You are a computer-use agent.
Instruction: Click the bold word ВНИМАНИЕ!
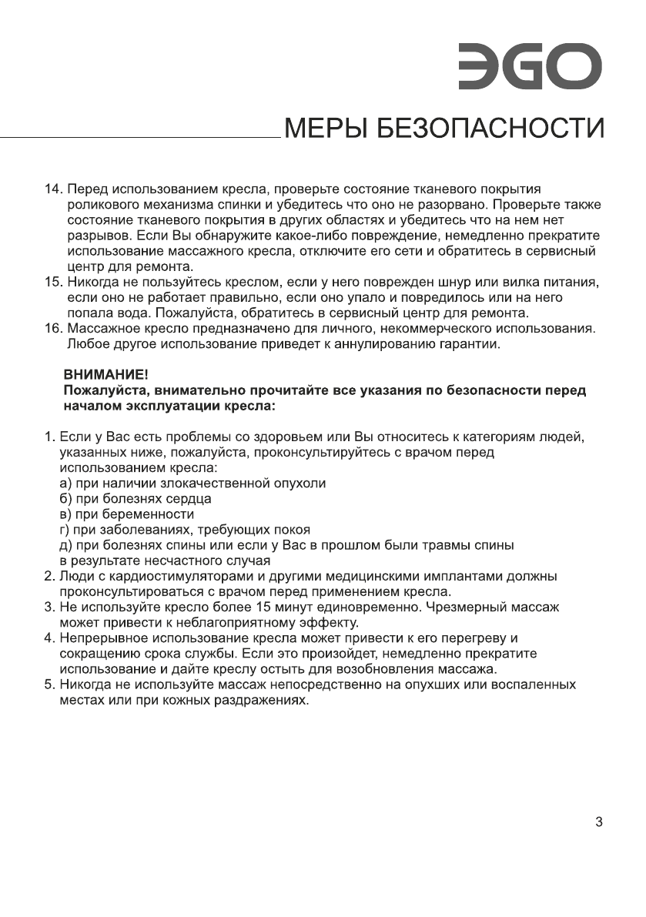click(103, 376)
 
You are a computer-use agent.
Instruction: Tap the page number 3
click(599, 822)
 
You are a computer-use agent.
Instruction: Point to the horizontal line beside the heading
click(139, 138)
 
